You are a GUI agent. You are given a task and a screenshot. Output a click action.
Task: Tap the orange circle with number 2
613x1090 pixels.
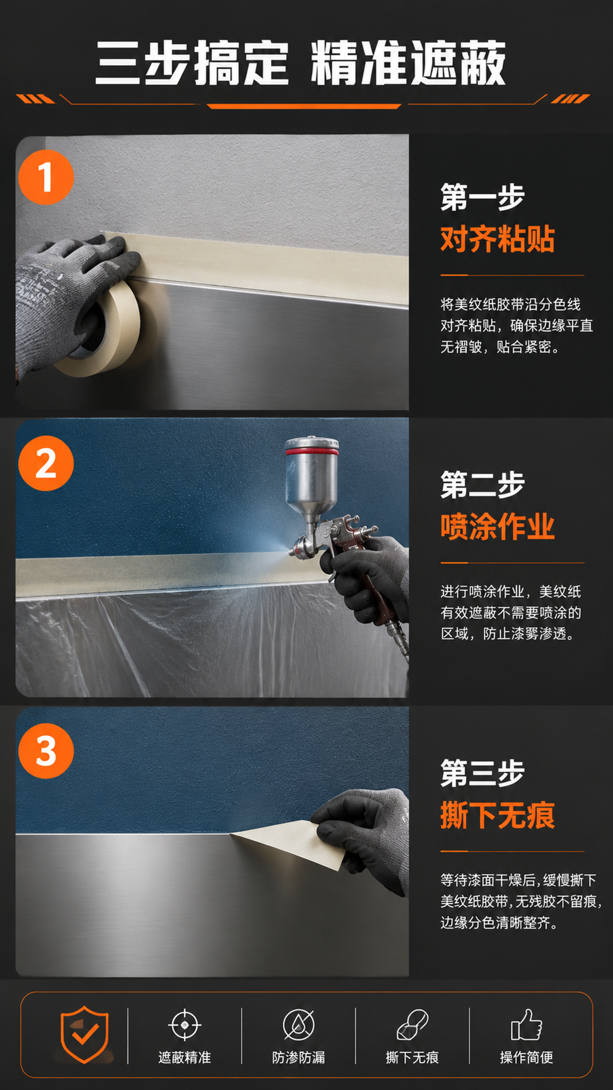tap(46, 463)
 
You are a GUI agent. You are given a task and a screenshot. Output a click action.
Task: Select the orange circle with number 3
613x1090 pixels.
tap(46, 751)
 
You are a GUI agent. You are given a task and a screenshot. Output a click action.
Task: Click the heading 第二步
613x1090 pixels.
tap(482, 485)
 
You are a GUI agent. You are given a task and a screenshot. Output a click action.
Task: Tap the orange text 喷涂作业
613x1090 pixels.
tap(497, 527)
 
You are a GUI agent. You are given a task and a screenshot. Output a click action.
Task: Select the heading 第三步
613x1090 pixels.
tap(482, 773)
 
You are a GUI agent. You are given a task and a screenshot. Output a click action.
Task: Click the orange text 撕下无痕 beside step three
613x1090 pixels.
tap(497, 816)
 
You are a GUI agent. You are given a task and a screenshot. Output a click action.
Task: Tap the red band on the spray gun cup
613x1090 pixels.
tap(312, 452)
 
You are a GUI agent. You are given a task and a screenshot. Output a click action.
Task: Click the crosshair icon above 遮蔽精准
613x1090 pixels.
tap(184, 1025)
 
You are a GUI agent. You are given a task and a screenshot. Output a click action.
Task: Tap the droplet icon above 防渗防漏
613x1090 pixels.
tap(299, 1025)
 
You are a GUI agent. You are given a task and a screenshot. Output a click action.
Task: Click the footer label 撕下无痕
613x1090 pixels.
tap(412, 1057)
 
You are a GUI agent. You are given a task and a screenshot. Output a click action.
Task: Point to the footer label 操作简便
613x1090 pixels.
tap(526, 1057)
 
